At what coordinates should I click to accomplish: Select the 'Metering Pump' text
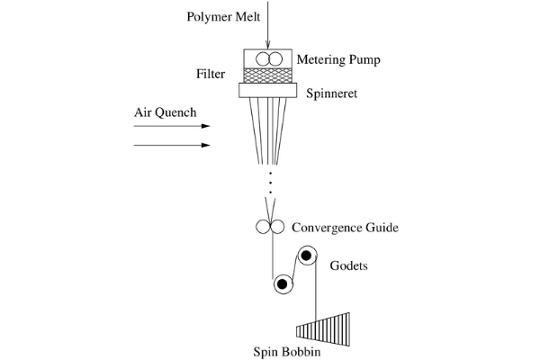(x=337, y=60)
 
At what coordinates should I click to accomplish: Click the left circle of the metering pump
(x=264, y=59)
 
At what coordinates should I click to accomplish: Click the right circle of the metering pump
(x=276, y=59)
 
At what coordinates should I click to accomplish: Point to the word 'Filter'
(x=211, y=74)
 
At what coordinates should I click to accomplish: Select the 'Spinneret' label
(x=334, y=92)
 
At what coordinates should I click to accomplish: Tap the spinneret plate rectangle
(x=270, y=91)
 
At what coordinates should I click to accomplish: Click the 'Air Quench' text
(x=164, y=113)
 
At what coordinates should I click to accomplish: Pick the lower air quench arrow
(x=171, y=144)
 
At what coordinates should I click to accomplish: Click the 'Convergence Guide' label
(x=345, y=228)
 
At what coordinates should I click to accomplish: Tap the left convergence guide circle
(x=263, y=228)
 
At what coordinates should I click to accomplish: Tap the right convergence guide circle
(x=277, y=228)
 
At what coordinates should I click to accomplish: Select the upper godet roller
(x=307, y=256)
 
